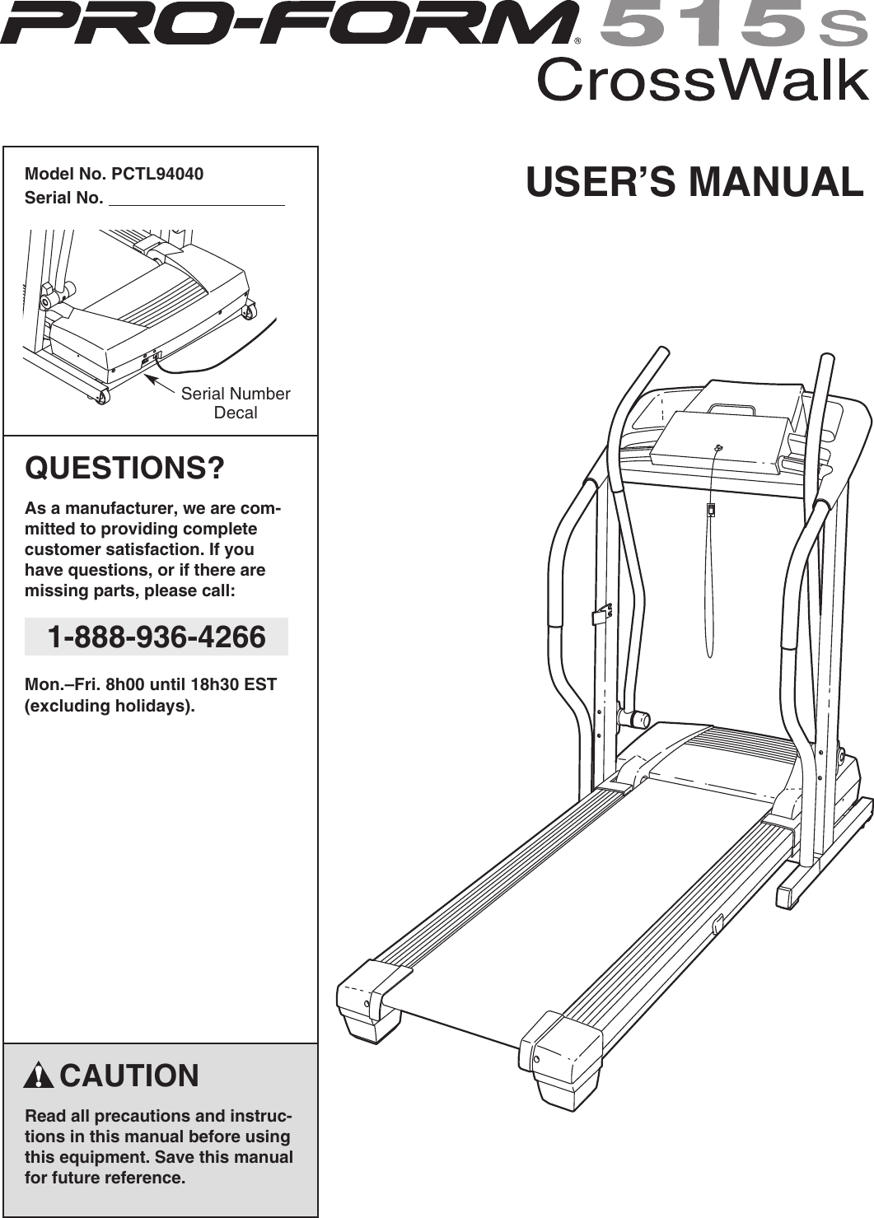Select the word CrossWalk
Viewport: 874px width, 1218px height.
click(703, 81)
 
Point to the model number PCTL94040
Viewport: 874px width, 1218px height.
click(157, 174)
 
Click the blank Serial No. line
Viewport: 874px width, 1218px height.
click(197, 200)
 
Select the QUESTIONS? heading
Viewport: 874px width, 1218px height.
click(124, 468)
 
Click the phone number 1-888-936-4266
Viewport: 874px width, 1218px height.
click(157, 637)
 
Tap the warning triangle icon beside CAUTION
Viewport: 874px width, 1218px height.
click(39, 1076)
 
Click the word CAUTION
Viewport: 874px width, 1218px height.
click(129, 1076)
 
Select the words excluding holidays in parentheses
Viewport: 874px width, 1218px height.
click(110, 706)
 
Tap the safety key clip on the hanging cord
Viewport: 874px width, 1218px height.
click(711, 511)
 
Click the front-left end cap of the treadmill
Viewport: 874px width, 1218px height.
click(372, 1000)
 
